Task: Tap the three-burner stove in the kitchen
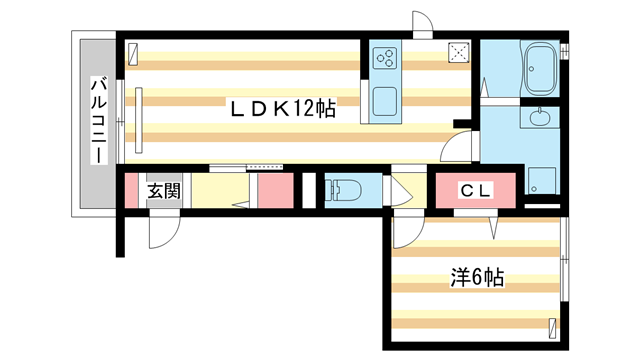click(385, 57)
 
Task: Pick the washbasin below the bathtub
click(541, 118)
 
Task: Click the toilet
click(346, 189)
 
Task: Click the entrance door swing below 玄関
click(161, 231)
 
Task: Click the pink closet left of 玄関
click(131, 190)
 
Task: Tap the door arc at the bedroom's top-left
click(404, 233)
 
